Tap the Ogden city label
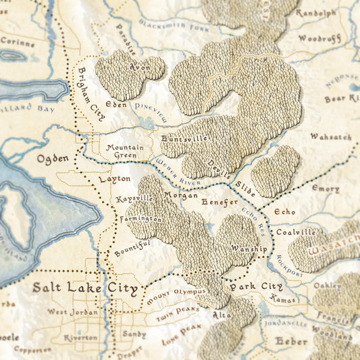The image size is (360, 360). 53,159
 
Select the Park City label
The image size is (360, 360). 251,287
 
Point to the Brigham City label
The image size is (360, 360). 91,94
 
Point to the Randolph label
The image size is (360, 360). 315,12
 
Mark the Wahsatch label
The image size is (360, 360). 330,136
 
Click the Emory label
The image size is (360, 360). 326,189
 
